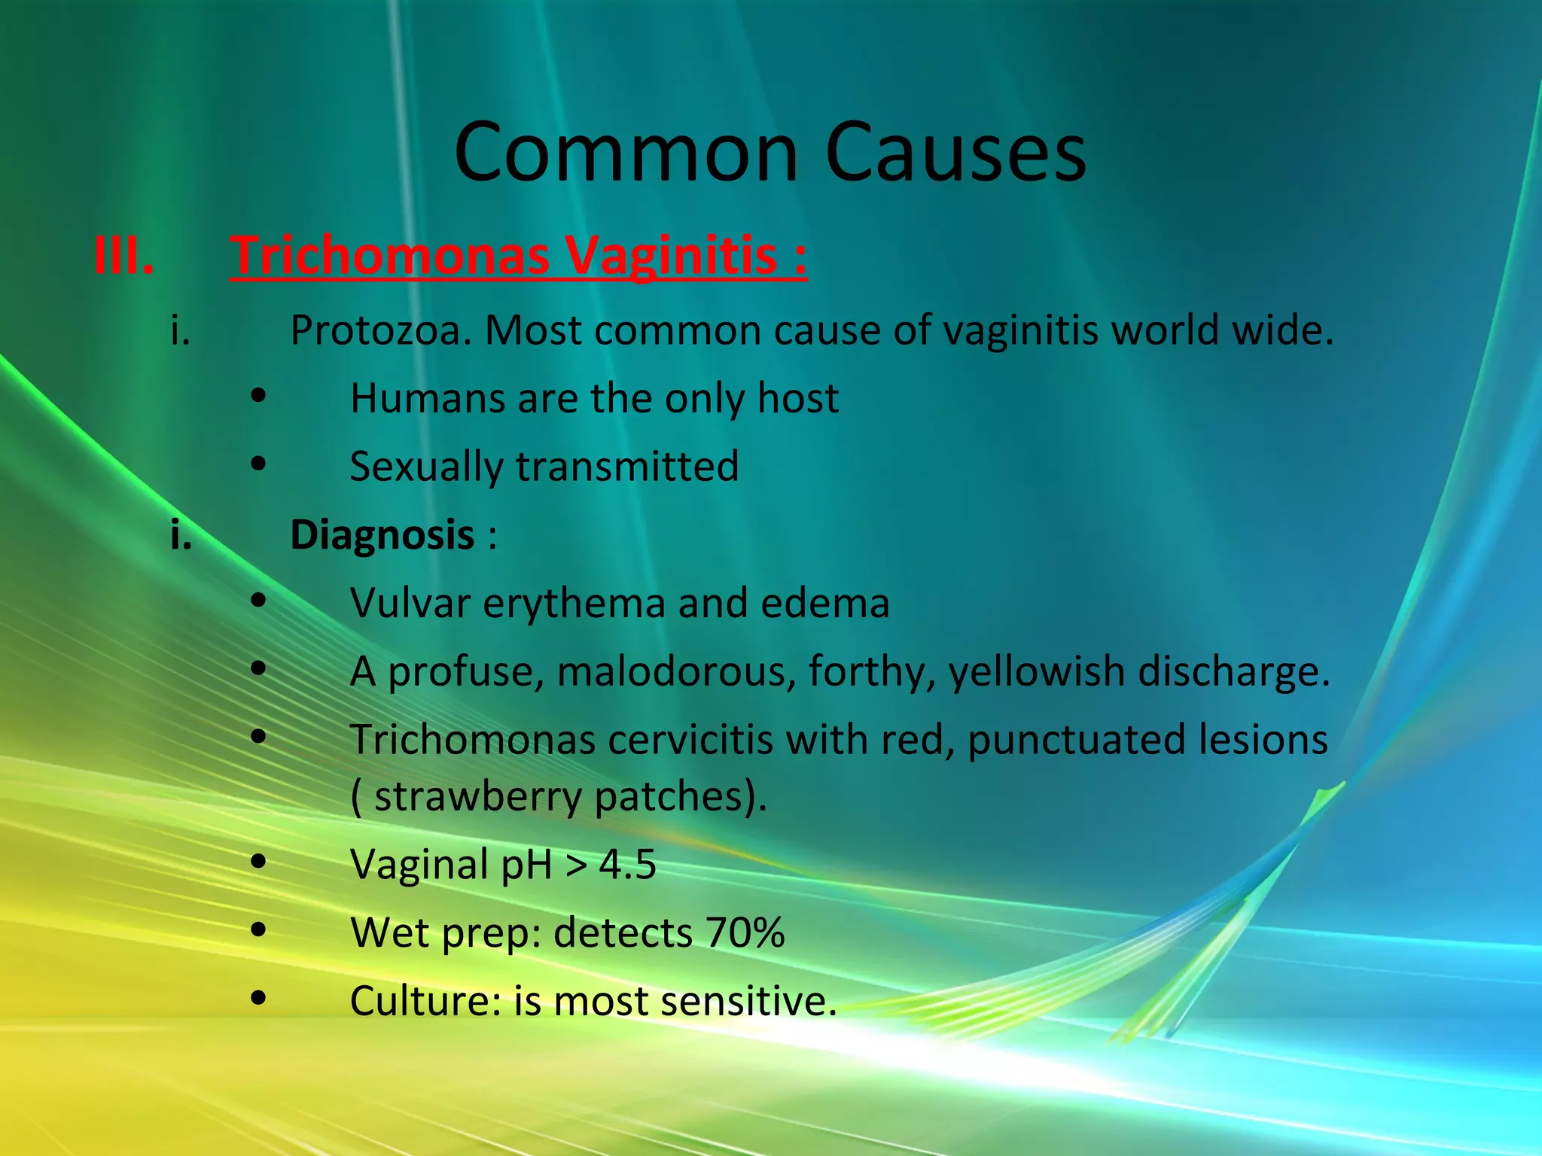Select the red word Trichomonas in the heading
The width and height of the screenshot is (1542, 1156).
pos(390,256)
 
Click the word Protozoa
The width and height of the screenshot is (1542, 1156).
pos(381,330)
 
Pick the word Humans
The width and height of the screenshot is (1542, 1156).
pos(427,398)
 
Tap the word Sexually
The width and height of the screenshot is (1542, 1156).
pos(426,467)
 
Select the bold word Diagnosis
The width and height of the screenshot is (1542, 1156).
pos(382,535)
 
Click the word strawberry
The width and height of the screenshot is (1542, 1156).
pos(477,797)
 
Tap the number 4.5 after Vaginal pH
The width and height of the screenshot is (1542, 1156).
pos(627,865)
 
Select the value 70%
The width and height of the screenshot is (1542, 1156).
pos(745,933)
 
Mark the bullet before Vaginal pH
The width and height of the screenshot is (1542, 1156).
pos(259,863)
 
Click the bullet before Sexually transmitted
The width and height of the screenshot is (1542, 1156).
pos(259,465)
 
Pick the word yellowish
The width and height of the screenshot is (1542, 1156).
pos(1036,671)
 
